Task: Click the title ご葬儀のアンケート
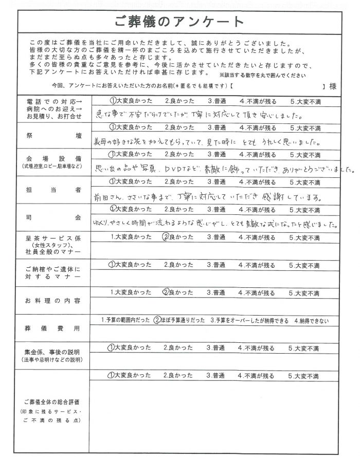(x=180, y=22)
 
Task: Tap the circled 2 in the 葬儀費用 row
(x=157, y=320)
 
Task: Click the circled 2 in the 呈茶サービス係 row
(x=166, y=237)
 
